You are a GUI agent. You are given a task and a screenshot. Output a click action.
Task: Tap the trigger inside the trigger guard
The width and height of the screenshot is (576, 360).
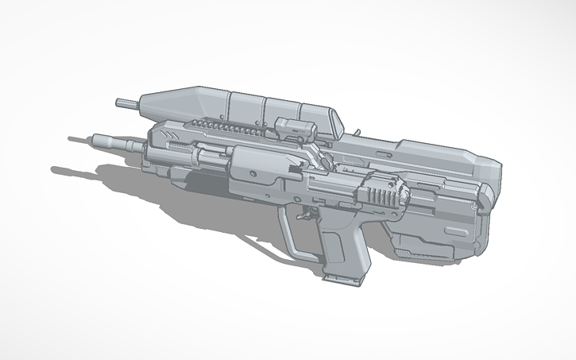(305, 215)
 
